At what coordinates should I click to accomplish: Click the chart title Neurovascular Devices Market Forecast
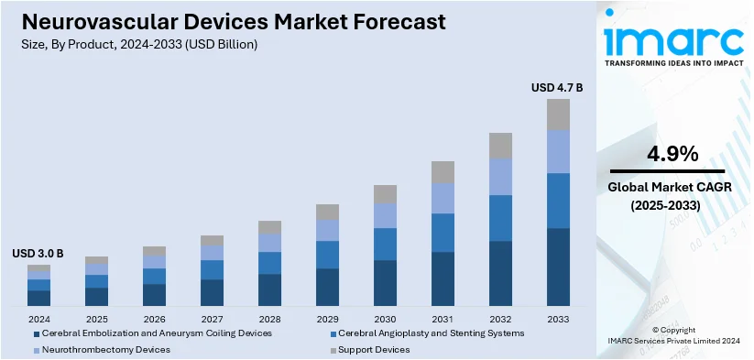point(229,21)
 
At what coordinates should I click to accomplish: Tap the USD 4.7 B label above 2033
point(557,88)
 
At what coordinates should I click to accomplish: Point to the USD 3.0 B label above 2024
point(38,254)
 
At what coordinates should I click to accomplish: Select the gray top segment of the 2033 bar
point(558,115)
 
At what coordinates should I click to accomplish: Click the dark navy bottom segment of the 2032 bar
point(500,273)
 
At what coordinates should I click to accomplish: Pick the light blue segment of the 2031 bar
point(443,198)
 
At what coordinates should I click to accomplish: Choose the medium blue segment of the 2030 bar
point(385,244)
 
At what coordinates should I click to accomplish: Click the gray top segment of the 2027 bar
point(213,240)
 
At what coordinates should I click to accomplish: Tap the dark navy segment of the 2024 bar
point(39,298)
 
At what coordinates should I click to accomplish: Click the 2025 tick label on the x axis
point(97,318)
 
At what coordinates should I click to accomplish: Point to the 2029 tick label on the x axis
point(327,318)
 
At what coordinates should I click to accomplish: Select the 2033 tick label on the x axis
point(558,318)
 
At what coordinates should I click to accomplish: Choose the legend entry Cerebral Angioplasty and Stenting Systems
point(431,333)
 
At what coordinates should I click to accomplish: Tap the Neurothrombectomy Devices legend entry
point(101,349)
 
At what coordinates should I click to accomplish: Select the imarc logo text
point(673,41)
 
